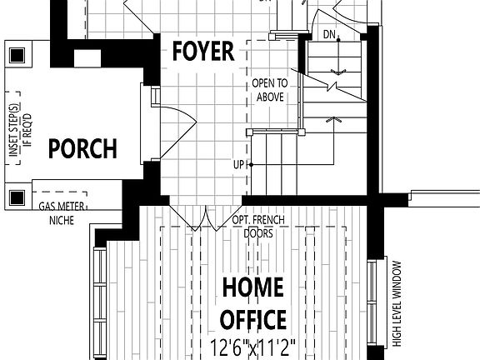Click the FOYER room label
tap(202, 52)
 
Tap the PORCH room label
tap(82, 149)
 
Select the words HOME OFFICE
tap(253, 302)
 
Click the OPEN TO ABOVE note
tap(270, 90)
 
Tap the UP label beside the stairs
tap(239, 165)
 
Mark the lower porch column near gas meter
tap(15, 197)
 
